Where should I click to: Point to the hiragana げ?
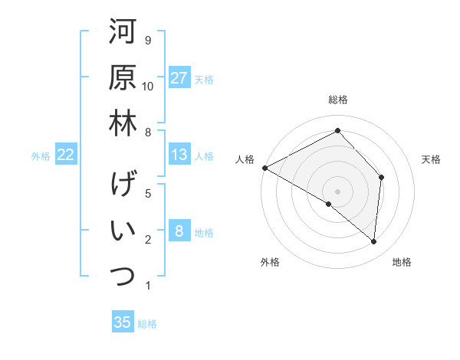[x=122, y=185]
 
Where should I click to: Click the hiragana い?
[x=122, y=231]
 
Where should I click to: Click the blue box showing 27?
[x=179, y=77]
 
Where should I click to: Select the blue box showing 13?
[x=179, y=155]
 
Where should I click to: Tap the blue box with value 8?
[x=179, y=231]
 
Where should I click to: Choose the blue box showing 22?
[x=65, y=155]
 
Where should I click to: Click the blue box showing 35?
[x=123, y=322]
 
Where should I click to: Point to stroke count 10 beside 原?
[x=148, y=86]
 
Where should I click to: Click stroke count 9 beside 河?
[x=148, y=40]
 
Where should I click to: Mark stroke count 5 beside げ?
[x=148, y=194]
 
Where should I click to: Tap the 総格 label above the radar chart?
[x=338, y=100]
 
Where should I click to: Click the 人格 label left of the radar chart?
[x=245, y=159]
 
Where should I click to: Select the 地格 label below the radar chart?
[x=402, y=262]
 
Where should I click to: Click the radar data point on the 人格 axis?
[x=264, y=167]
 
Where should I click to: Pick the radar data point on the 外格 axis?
[x=329, y=204]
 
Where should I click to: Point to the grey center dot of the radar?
[x=337, y=191]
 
